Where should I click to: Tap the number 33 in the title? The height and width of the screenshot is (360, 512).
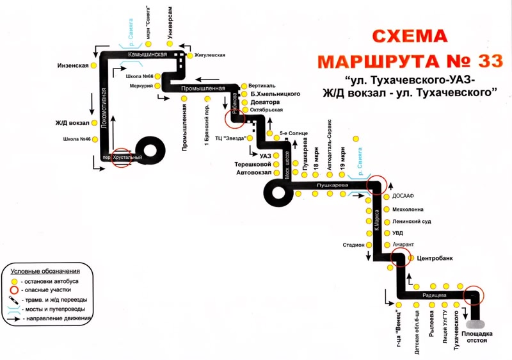coord(486,61)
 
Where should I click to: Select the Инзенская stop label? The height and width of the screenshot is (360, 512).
coord(72,65)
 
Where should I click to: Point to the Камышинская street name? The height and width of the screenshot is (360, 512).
coord(147,55)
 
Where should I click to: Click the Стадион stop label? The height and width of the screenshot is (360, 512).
coord(353,245)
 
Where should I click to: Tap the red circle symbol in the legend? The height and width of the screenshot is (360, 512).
coord(13,290)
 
